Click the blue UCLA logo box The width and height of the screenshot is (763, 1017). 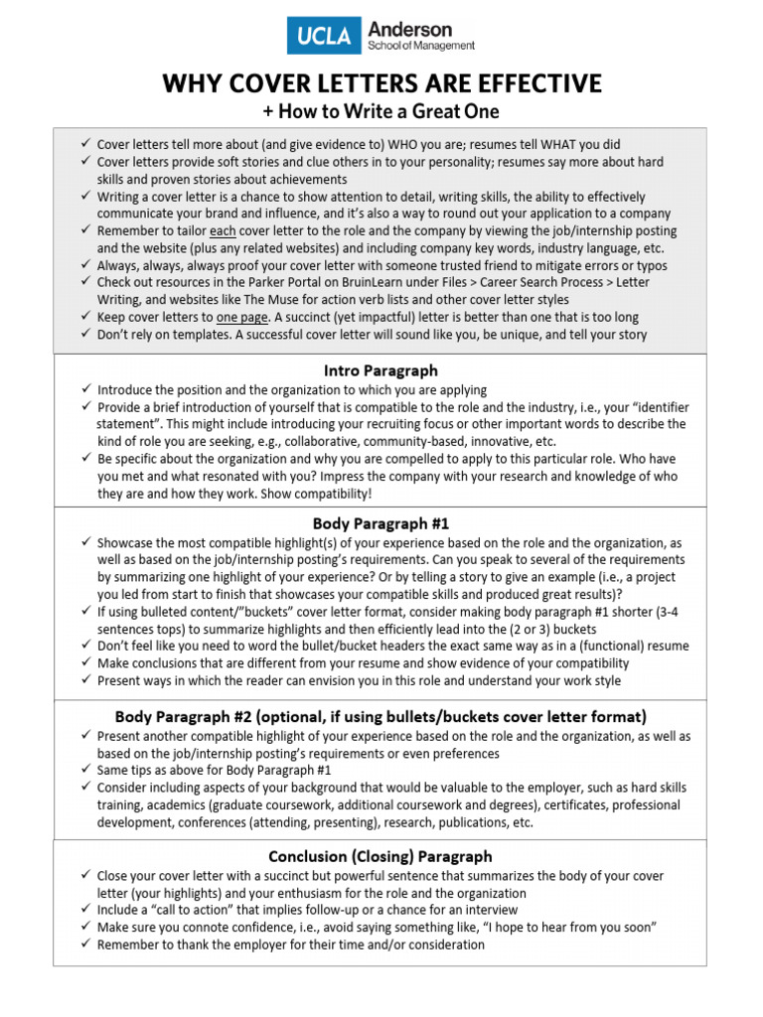[323, 36]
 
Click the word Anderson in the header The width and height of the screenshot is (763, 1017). [410, 29]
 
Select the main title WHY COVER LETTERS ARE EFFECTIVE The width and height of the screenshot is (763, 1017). [382, 83]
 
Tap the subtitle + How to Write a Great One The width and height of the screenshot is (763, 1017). [381, 111]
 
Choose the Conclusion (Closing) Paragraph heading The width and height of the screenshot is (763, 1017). [381, 856]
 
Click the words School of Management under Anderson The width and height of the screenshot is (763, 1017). [421, 46]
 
